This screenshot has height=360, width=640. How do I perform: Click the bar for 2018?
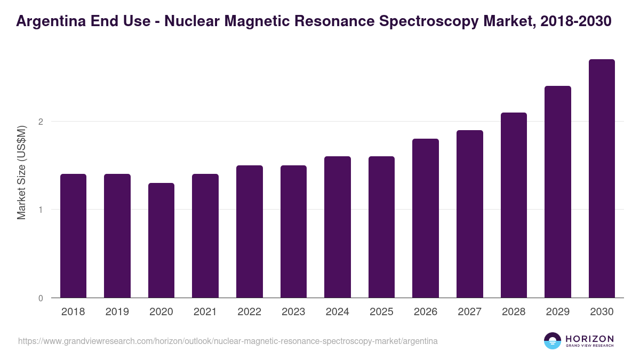73,236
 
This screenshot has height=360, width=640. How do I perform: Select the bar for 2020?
161,240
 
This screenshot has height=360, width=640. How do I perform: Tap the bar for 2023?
293,231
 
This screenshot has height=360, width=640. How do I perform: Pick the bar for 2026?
426,218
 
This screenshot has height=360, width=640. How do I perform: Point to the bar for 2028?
514,205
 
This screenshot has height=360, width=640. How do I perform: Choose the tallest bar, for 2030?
602,179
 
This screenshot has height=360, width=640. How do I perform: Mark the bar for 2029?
558,192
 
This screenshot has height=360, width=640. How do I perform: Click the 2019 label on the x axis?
117,312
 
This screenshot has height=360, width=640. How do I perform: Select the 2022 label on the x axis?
249,312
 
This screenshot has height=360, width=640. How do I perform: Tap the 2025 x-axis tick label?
381,312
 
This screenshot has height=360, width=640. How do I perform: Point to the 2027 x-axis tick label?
469,312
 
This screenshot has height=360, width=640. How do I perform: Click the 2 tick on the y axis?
40,122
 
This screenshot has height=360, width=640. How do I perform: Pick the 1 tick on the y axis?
40,210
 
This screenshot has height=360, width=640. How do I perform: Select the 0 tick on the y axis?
40,298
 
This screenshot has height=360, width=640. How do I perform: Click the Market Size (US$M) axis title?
21,172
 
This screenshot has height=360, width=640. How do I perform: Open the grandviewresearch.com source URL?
228,341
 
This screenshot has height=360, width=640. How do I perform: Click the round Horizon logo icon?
553,341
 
